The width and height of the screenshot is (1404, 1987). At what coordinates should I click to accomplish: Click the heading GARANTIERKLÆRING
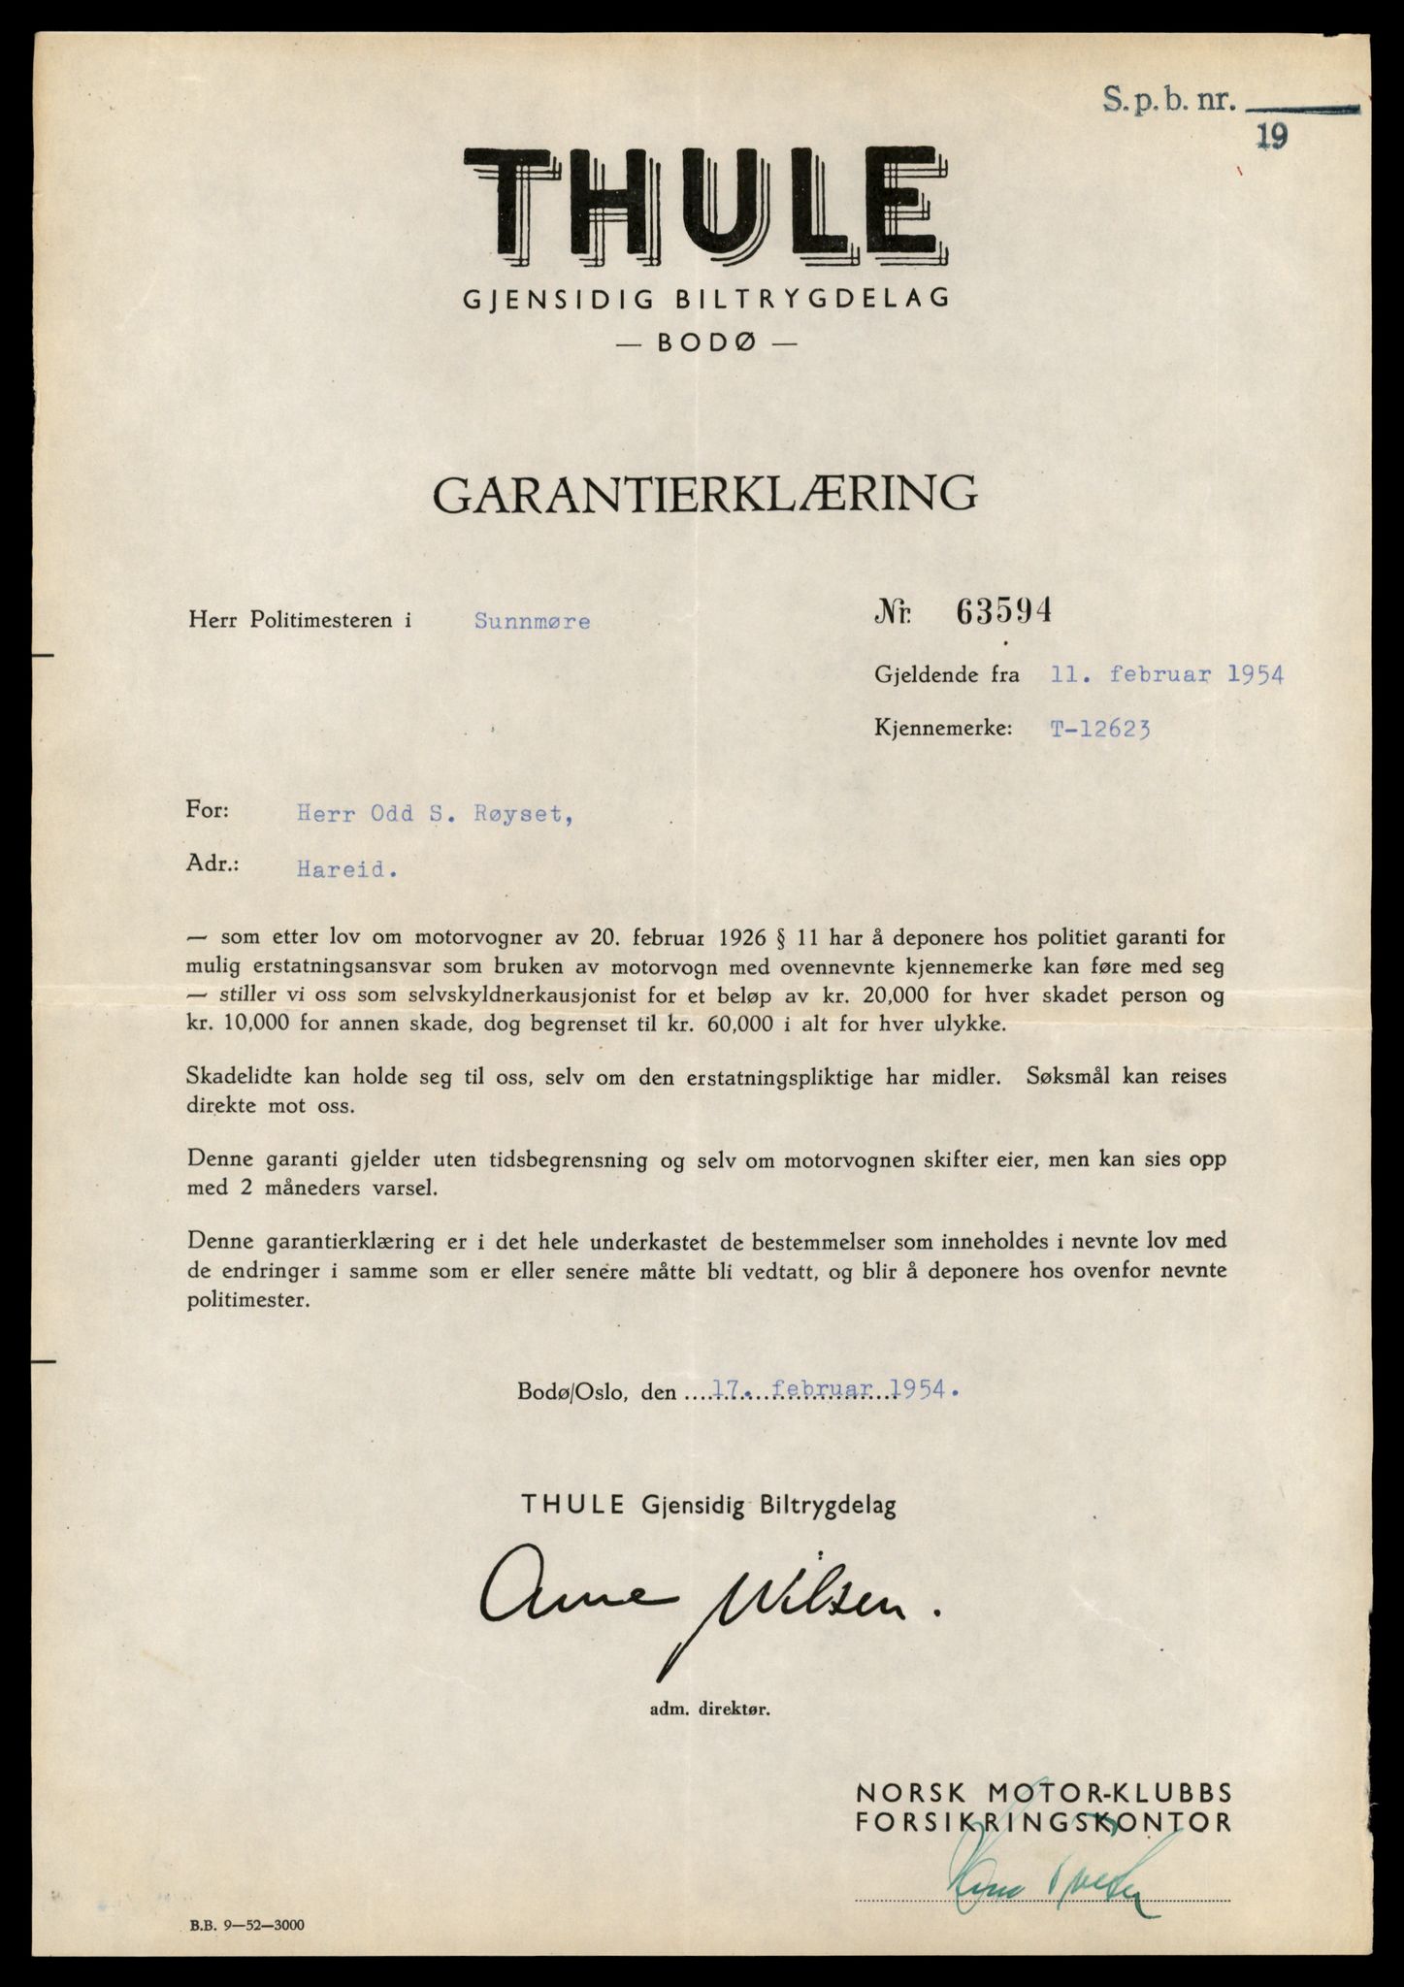tap(704, 494)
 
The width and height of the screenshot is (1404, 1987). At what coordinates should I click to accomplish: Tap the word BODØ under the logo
tap(705, 342)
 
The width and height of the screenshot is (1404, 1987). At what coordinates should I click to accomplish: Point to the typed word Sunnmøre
tap(532, 621)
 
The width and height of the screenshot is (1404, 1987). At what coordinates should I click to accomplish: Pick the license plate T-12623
tap(1100, 731)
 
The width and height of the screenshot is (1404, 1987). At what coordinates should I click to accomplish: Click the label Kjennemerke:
tap(942, 730)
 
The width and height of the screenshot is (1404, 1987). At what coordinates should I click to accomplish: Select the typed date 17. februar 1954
tap(831, 1389)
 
